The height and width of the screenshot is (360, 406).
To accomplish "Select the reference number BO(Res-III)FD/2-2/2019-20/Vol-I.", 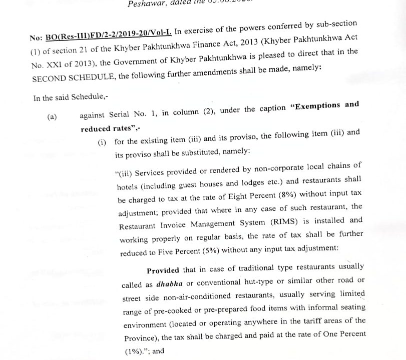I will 109,36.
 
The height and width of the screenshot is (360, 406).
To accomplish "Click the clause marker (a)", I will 52,117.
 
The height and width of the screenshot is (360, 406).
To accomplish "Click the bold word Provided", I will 163,270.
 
